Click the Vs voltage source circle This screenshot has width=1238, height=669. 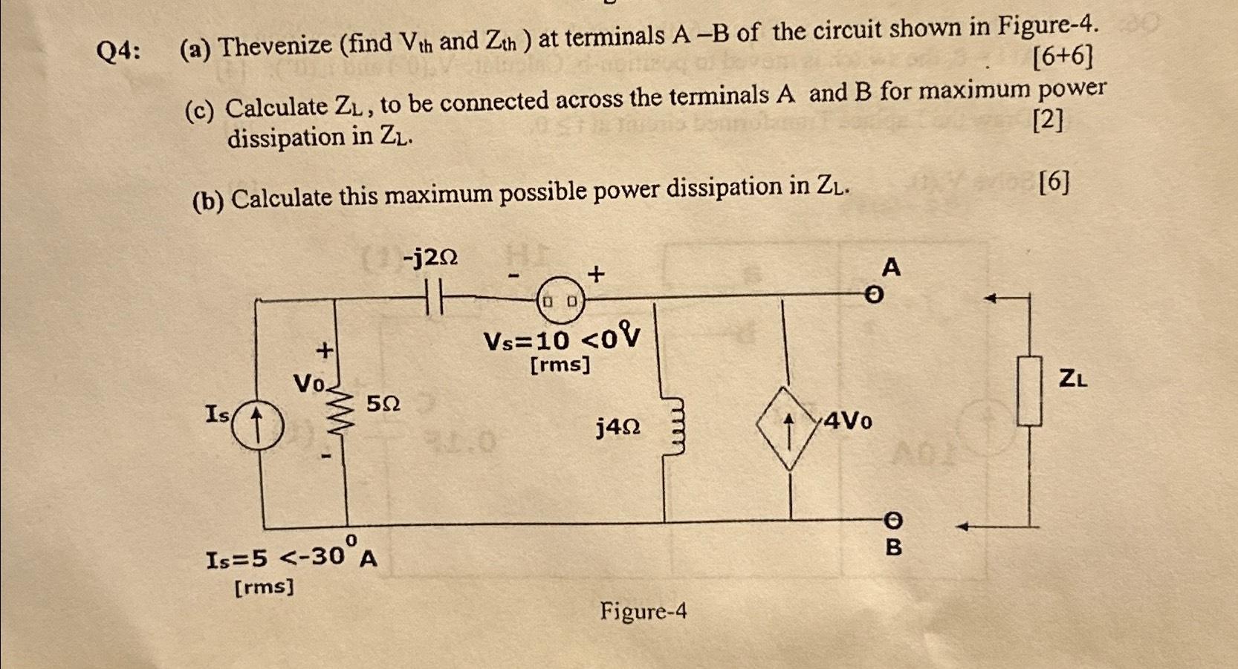coord(560,301)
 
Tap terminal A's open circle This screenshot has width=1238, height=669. coord(875,296)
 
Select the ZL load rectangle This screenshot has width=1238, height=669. coord(1029,391)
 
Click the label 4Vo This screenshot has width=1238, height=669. coord(848,421)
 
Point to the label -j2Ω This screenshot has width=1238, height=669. coord(430,258)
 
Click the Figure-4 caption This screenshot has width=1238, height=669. coord(643,612)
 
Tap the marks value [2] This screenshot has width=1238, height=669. coord(1048,120)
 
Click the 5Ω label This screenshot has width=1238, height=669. coord(383,404)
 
